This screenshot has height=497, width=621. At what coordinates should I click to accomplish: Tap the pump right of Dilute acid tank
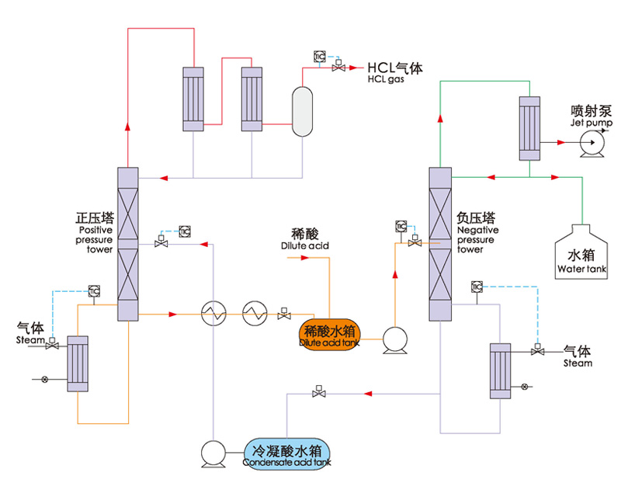click(396, 340)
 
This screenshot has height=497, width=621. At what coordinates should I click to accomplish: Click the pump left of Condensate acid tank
click(213, 454)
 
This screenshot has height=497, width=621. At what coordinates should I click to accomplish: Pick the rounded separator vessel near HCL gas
click(301, 110)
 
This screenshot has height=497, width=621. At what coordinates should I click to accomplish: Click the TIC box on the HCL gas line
click(320, 56)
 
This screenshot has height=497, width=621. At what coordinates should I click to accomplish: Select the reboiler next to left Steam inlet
click(78, 364)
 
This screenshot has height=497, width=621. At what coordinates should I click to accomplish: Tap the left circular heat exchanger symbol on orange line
click(210, 314)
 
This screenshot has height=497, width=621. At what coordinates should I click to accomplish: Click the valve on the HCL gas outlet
click(338, 68)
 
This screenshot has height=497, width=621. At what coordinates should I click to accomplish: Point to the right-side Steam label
click(577, 356)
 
